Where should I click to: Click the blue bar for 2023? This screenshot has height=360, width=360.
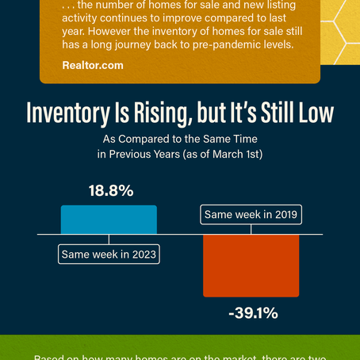pos(109,220)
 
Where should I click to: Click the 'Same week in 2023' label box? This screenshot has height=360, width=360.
pos(109,255)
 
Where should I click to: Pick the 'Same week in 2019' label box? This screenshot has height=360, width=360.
pos(251,214)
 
